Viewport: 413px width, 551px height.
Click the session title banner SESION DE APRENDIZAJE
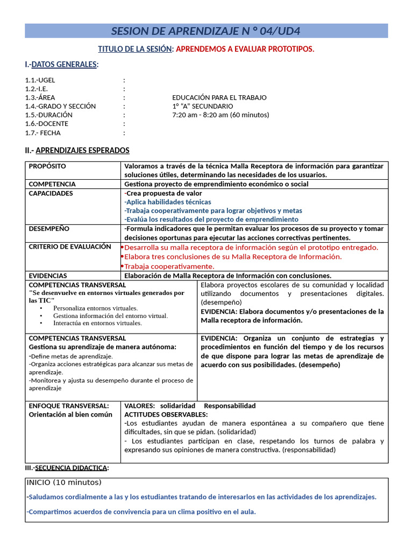(206, 31)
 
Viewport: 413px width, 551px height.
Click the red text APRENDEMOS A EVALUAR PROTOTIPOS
(245, 50)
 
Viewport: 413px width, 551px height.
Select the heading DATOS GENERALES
(65, 65)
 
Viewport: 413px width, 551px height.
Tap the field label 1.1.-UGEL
(40, 80)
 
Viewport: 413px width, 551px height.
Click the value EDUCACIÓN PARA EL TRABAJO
(219, 97)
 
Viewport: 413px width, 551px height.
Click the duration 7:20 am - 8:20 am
(220, 115)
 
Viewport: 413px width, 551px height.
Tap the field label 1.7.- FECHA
(43, 133)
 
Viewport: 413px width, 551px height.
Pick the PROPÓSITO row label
(47, 166)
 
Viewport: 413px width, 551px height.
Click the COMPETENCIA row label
(52, 184)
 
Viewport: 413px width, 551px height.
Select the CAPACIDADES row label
(51, 193)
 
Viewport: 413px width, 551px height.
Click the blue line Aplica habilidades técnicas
(168, 202)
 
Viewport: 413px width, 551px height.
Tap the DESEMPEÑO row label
(49, 228)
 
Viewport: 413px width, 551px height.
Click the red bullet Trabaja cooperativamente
(169, 266)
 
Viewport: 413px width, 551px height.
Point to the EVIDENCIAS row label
(48, 275)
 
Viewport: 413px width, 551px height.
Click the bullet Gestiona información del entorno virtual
(110, 316)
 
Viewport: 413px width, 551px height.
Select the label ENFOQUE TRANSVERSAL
(68, 406)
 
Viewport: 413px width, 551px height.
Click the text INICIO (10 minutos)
(63, 482)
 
